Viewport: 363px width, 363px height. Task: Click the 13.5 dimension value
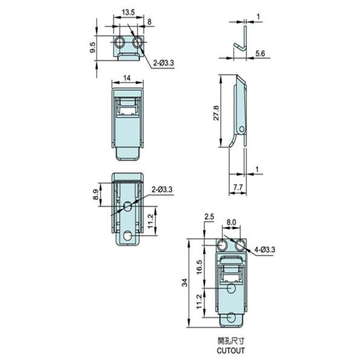[x=128, y=12]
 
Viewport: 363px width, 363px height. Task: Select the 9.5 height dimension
[x=93, y=47]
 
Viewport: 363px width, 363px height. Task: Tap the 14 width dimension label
[x=127, y=78]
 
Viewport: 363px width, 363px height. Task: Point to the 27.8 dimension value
[x=216, y=113]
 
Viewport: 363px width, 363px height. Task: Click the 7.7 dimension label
[x=238, y=188]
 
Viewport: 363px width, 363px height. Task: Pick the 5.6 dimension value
[x=260, y=53]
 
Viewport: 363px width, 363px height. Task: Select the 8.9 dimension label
[x=96, y=194]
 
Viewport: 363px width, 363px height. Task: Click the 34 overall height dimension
[x=185, y=283]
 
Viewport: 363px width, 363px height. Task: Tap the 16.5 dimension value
[x=200, y=267]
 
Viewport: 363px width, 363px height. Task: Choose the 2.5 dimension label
[x=209, y=217]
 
